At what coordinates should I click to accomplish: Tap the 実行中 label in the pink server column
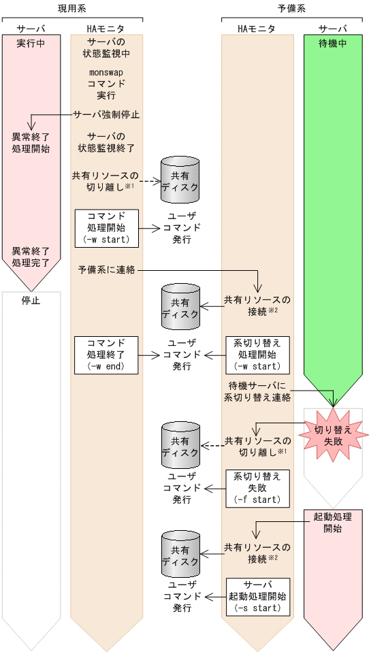coord(31,42)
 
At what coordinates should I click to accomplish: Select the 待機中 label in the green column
coord(333,42)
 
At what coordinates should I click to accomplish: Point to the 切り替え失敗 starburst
coord(333,435)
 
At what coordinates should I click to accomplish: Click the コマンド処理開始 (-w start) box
coord(106,227)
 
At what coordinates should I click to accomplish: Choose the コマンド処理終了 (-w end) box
coord(106,354)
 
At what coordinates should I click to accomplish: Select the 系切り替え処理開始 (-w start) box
coord(257,354)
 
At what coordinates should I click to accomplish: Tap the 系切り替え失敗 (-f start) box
coord(257,487)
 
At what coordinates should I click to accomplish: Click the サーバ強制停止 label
coord(106,114)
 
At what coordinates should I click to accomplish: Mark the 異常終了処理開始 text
coord(31,142)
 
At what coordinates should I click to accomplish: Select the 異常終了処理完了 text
coord(31,257)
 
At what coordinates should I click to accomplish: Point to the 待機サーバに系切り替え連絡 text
coord(257,393)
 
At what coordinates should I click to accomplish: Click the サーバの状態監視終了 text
coord(106,142)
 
